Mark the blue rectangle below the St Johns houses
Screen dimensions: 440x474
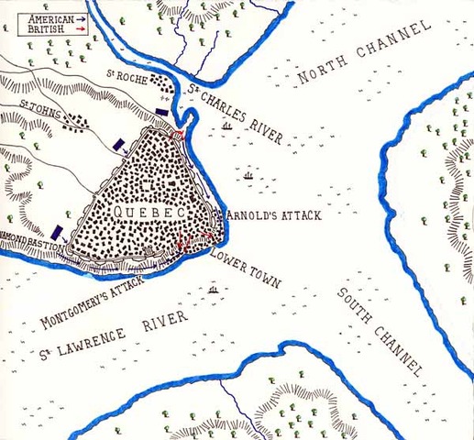coord(121,144)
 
